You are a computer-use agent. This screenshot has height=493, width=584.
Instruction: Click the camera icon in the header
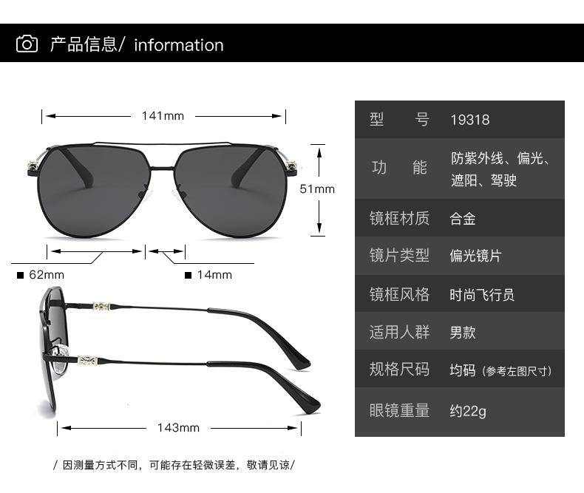[27, 44]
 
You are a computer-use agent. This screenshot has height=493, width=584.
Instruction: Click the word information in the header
[178, 45]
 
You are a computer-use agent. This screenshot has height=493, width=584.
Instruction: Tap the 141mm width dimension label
[163, 115]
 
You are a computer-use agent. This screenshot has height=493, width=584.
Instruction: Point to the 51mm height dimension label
[317, 189]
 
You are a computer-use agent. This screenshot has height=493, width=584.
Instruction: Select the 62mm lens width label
[47, 275]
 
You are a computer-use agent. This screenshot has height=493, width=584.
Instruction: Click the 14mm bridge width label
[214, 275]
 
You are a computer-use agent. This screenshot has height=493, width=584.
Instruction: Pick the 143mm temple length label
[178, 427]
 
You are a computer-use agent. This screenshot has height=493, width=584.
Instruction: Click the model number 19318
[470, 120]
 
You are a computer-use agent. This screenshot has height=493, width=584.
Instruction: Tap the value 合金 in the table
[463, 219]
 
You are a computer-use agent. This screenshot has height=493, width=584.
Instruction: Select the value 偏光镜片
[475, 256]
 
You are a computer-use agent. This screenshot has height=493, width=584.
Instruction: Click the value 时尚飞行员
[482, 295]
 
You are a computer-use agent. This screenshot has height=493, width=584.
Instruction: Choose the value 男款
[463, 333]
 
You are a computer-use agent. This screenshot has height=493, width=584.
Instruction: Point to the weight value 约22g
[468, 411]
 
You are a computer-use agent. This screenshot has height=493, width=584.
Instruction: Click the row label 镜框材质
[399, 219]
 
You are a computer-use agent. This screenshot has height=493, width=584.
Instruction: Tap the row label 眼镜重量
[399, 411]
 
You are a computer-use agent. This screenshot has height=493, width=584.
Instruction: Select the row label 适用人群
[399, 333]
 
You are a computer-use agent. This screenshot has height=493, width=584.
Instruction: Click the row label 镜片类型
[399, 256]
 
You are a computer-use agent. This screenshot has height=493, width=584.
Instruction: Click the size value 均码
[463, 370]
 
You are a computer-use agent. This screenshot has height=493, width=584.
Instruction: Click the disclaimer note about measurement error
[174, 465]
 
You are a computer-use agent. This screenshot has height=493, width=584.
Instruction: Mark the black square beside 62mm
[21, 276]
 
